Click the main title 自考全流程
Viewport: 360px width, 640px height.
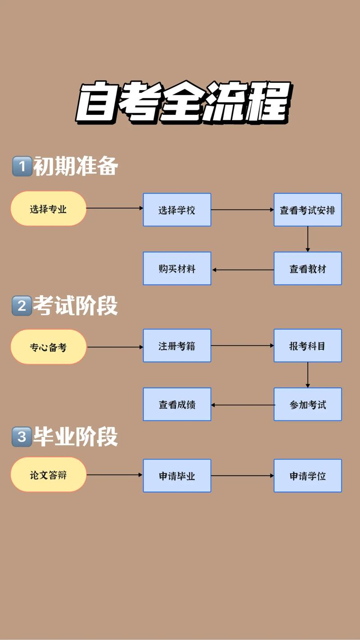tap(182, 103)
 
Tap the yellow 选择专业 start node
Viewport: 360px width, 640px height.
tap(49, 209)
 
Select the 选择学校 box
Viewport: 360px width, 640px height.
tap(177, 210)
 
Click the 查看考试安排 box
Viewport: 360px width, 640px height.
tap(308, 210)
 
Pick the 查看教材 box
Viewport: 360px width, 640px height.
tap(308, 269)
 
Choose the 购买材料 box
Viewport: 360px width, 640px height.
tap(177, 269)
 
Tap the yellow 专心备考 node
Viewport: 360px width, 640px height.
tap(49, 347)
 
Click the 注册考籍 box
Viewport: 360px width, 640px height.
tap(177, 346)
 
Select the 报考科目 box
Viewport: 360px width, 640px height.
tap(308, 346)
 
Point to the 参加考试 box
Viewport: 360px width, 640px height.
tap(308, 405)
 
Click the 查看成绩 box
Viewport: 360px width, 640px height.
tap(177, 405)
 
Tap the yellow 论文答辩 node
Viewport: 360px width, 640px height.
tap(49, 475)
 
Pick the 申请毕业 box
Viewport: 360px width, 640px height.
tap(177, 476)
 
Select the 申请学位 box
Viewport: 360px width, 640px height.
tap(308, 476)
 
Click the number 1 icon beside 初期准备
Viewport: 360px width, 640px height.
tap(21, 167)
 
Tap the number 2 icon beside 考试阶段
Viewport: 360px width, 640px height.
tap(21, 306)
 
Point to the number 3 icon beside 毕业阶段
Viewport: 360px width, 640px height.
tap(21, 437)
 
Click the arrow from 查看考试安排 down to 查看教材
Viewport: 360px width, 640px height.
tap(308, 239)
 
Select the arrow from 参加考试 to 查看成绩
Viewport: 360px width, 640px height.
tap(243, 405)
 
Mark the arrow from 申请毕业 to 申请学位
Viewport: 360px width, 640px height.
tap(243, 475)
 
